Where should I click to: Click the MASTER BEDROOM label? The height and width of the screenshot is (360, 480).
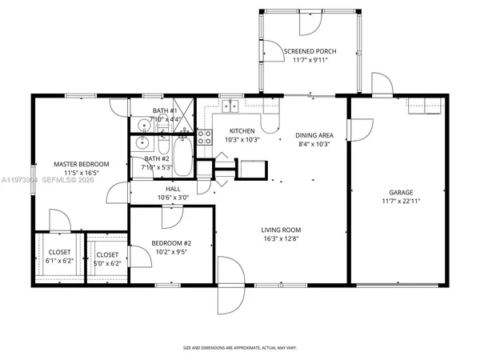[x=81, y=164]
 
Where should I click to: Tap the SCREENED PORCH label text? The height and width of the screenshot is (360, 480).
[x=310, y=51]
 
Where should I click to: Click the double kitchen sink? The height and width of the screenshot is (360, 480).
[x=232, y=105]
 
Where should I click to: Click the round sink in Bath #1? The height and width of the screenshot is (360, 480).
[x=140, y=124]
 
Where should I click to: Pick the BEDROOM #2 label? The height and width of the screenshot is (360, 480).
[x=172, y=243]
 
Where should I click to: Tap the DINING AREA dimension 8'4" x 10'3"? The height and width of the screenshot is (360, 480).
[x=313, y=144]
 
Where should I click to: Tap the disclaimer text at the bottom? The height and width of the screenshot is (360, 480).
[x=240, y=348]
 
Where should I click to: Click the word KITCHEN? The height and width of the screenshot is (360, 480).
[x=242, y=130]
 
